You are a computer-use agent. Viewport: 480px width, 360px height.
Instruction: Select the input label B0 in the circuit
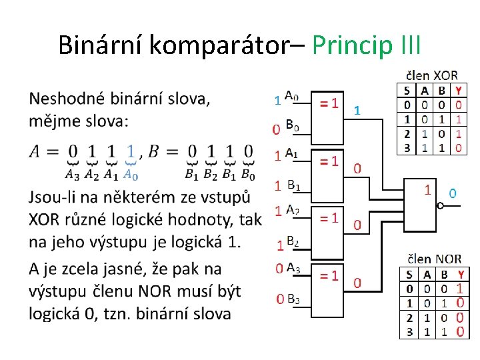[293, 125]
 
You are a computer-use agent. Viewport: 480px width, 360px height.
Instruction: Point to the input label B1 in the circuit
[293, 185]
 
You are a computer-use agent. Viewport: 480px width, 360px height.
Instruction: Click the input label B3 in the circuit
[293, 299]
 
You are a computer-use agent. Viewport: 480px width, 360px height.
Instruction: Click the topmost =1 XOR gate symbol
[329, 103]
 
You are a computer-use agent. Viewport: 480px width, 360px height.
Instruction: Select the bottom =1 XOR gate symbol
[329, 275]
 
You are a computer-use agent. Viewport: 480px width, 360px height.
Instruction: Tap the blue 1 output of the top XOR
[357, 109]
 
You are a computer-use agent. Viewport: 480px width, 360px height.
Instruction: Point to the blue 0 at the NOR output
[453, 193]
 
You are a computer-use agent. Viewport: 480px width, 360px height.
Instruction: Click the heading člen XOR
[431, 75]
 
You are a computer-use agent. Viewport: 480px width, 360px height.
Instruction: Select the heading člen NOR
[433, 259]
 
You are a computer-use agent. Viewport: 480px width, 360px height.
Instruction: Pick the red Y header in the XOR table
[459, 90]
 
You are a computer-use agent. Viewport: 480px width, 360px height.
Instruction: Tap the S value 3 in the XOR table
[407, 147]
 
